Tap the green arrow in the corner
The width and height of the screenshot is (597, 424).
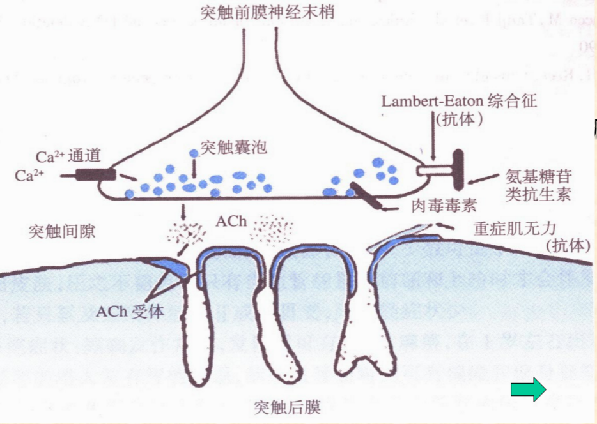click(529, 389)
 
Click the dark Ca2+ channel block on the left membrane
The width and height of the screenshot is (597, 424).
click(95, 174)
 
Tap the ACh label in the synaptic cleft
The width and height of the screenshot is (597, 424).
click(228, 221)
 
